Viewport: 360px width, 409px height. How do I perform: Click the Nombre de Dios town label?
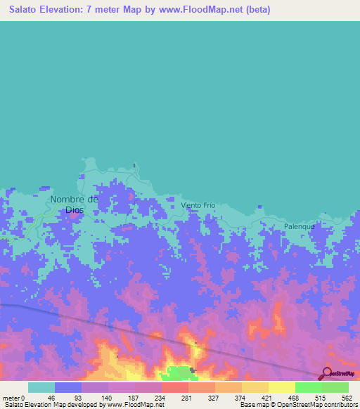point(74,204)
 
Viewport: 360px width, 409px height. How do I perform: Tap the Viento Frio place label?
point(198,205)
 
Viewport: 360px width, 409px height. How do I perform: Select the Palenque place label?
point(300,226)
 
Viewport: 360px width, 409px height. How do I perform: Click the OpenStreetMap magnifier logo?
point(326,373)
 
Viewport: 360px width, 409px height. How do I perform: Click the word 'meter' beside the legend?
point(11,397)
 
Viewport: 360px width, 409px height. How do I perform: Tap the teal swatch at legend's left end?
point(41,387)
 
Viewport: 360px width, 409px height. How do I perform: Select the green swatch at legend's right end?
point(335,387)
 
